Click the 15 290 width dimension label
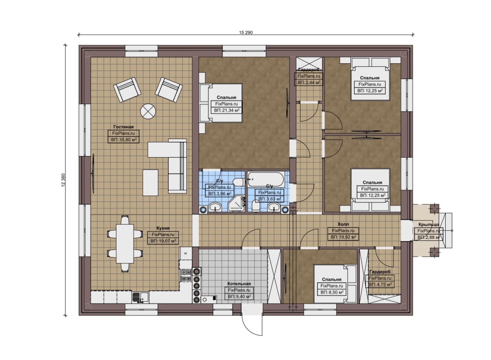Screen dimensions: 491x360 [x=246, y=33]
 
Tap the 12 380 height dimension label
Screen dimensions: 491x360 [x=63, y=180]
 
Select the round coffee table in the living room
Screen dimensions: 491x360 [x=148, y=111]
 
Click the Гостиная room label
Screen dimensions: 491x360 [x=124, y=127]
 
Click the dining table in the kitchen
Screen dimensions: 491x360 [x=125, y=243]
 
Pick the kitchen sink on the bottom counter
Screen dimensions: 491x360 [x=140, y=298]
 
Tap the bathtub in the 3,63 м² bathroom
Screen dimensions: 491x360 [x=266, y=179]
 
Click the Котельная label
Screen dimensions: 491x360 [x=239, y=284]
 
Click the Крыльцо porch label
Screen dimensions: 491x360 [x=428, y=224]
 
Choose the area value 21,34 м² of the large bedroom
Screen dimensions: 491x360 [x=226, y=110]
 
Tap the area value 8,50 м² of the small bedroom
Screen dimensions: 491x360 [x=332, y=292]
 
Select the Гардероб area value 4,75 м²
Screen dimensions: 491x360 [x=380, y=284]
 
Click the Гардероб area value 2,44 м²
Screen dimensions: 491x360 [x=309, y=82]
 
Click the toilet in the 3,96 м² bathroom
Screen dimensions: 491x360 [x=238, y=182]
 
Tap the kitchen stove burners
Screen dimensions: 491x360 [x=186, y=275]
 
